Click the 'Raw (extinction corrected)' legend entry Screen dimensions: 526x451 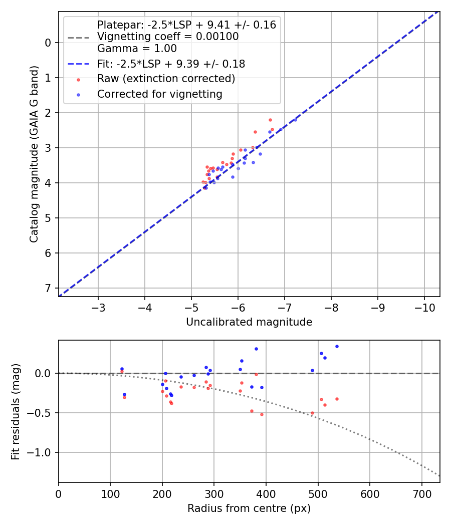coord(166,79)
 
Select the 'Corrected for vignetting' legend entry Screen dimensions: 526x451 coord(159,94)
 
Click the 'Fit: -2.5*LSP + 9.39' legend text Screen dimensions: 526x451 coord(171,64)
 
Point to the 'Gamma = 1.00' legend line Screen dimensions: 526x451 coord(137,49)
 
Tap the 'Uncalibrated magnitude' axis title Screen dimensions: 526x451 coord(249,322)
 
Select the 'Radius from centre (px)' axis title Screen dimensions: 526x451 coord(249,508)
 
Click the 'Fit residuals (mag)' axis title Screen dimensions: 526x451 coord(16,411)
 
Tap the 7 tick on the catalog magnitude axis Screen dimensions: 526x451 coord(48,288)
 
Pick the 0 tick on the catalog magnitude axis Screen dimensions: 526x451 coord(48,43)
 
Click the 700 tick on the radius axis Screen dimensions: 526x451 coord(421,493)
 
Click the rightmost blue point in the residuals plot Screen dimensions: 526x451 coord(337,346)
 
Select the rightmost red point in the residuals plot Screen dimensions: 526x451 coord(337,399)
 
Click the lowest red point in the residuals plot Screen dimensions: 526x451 coord(262,414)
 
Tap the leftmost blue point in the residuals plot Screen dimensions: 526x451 coord(122,369)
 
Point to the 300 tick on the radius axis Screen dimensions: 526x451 coord(214,493)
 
